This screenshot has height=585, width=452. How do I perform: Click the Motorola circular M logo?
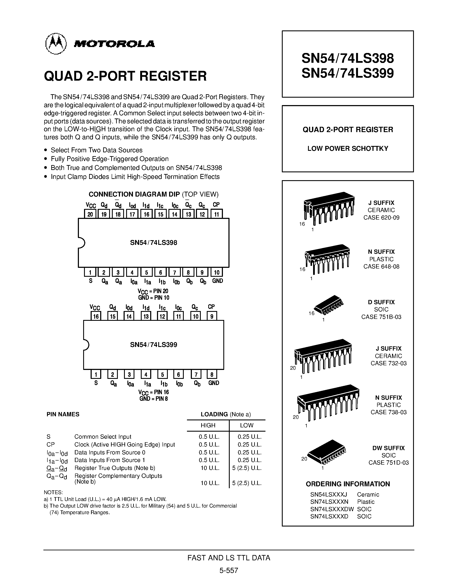(x=56, y=44)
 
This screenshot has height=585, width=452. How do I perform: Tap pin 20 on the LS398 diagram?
(x=90, y=214)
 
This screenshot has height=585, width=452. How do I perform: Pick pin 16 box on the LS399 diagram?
(x=96, y=316)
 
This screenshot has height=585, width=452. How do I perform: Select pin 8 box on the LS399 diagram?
(x=212, y=374)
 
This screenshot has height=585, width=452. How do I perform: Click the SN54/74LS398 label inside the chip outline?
(x=153, y=243)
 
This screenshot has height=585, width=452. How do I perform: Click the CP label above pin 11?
(x=216, y=205)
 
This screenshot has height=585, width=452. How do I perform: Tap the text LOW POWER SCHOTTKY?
(x=348, y=149)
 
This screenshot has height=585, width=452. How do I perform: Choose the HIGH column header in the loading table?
(x=208, y=425)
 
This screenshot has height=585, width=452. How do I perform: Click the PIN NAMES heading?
(x=63, y=414)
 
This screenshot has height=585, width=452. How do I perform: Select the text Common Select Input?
(x=103, y=437)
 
